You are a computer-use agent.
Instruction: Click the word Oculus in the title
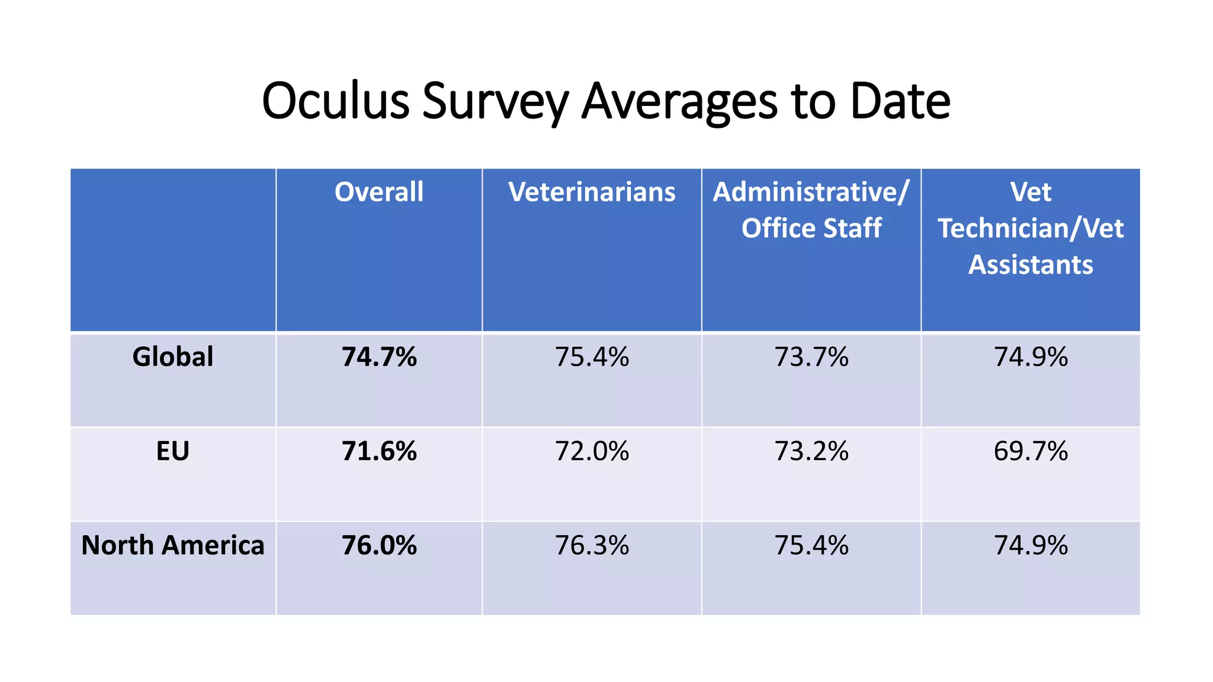[x=336, y=101]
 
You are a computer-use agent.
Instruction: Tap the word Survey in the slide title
[x=495, y=101]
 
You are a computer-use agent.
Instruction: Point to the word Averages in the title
[x=679, y=101]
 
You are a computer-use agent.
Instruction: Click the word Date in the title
[x=900, y=101]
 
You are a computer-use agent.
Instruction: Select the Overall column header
[x=379, y=192]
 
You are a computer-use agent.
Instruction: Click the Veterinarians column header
[x=592, y=192]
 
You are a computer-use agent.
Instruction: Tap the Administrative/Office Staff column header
[x=811, y=210]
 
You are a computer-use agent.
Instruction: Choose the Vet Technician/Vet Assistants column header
[x=1031, y=228]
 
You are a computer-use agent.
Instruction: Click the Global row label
[x=172, y=356]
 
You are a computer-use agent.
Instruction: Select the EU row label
[x=172, y=451]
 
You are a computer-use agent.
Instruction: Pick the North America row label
[x=172, y=545]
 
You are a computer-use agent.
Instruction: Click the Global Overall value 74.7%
[x=379, y=357]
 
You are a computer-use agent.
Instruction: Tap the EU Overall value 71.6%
[x=379, y=451]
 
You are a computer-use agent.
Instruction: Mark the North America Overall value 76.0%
[x=379, y=545]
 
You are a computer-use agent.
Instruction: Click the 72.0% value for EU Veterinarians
[x=592, y=451]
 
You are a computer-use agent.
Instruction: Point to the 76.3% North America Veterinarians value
[x=592, y=545]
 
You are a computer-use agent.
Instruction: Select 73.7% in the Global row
[x=811, y=357]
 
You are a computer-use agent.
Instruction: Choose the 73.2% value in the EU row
[x=811, y=451]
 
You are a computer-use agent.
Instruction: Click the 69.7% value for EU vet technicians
[x=1031, y=451]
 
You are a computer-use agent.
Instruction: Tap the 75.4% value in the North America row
[x=811, y=545]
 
